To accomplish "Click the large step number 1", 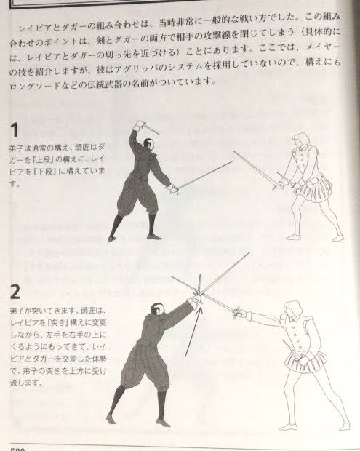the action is (14, 130).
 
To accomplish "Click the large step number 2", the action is (15, 292).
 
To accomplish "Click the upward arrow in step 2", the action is (193, 332).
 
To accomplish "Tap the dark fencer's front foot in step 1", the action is (154, 236).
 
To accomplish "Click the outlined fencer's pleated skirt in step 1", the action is (316, 189).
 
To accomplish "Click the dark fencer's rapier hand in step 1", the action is (173, 189).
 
